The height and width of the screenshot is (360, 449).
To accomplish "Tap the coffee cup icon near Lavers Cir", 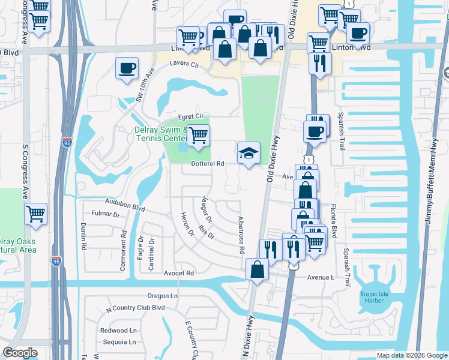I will (127, 68).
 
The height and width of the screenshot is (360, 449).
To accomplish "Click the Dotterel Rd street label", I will (207, 163).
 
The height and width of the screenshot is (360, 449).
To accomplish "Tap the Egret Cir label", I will (191, 116).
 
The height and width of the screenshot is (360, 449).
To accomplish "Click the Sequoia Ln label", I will (118, 342).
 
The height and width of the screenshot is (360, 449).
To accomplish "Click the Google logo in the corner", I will (20, 353).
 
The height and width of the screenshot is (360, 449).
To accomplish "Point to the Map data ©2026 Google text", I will (412, 355).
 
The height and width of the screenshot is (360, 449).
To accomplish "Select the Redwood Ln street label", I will (119, 331).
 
